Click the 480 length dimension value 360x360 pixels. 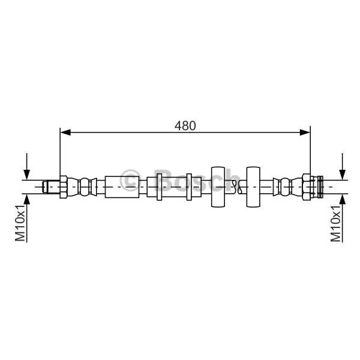coord(185,125)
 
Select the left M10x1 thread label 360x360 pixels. coord(20,223)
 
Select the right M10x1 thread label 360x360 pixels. coord(335,223)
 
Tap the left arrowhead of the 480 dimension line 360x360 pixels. coord(65,132)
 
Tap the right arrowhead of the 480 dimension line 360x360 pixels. coord(305,132)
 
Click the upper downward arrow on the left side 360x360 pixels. coord(27,166)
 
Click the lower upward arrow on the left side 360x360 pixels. coord(27,218)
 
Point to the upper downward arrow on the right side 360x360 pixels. coord(343,166)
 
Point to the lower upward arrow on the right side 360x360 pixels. coord(343,218)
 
